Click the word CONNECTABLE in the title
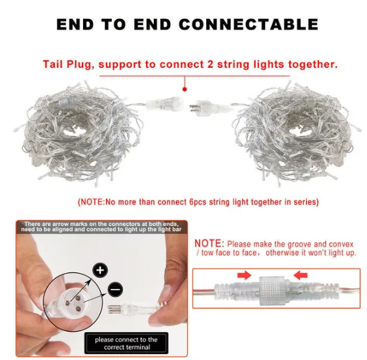coord(249,24)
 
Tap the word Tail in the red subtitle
coord(54,64)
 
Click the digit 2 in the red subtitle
coord(210,64)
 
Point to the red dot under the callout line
coord(184,90)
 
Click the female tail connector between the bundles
coord(165,103)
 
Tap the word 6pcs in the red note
coord(198,202)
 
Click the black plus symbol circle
coord(100,270)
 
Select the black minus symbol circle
coord(115,289)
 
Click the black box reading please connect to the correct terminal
coord(126,343)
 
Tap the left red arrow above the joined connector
coord(244,275)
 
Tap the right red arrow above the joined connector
coord(300,275)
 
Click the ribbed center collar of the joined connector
coord(273,291)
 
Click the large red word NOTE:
coord(209,243)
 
